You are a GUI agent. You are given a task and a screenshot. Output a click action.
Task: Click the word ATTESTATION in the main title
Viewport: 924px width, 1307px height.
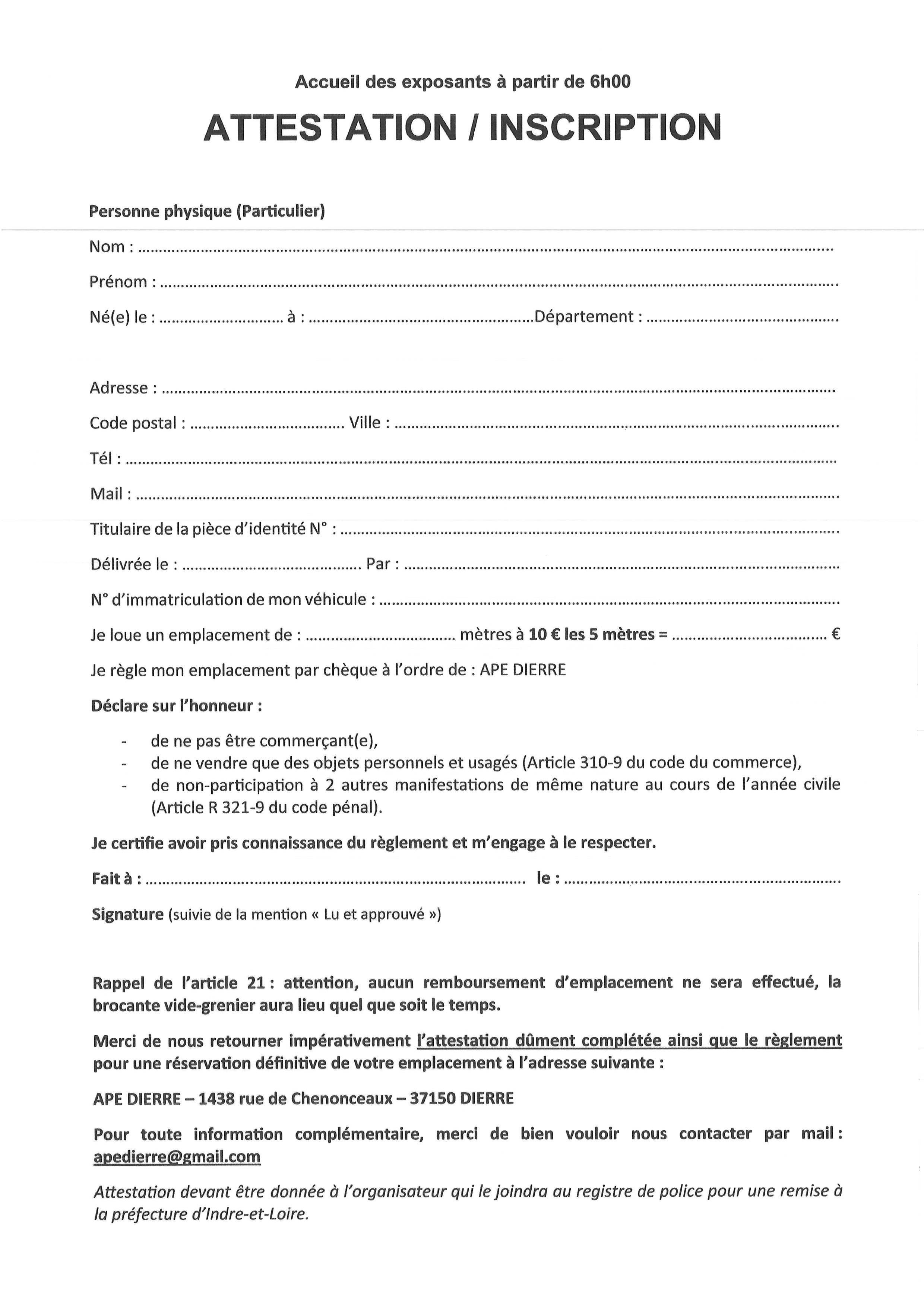[x=330, y=127]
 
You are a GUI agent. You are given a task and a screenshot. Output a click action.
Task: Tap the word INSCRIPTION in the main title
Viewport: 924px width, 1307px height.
[x=605, y=127]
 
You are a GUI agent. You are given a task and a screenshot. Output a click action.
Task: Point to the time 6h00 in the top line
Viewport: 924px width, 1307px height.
[x=610, y=82]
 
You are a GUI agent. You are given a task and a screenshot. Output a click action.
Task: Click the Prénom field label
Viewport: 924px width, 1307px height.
[x=118, y=282]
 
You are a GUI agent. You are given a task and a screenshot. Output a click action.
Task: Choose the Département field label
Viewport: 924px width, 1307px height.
[x=584, y=316]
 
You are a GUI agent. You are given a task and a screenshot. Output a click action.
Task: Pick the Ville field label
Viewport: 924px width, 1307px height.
[x=365, y=423]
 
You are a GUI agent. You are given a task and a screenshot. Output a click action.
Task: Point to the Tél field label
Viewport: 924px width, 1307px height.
[x=102, y=459]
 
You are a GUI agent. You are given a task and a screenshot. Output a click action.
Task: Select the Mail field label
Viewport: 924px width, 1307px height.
[x=107, y=494]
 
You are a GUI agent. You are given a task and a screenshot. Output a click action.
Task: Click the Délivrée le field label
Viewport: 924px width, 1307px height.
[x=130, y=565]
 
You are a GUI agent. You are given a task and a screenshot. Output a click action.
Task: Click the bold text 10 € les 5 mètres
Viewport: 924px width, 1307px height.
[x=592, y=635]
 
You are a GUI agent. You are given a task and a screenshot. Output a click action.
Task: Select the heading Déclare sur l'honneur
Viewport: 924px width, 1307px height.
[x=176, y=706]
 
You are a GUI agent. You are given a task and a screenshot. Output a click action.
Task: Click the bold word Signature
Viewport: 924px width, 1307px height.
[x=127, y=914]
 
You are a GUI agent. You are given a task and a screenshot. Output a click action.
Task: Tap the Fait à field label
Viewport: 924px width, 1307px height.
[x=113, y=879]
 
